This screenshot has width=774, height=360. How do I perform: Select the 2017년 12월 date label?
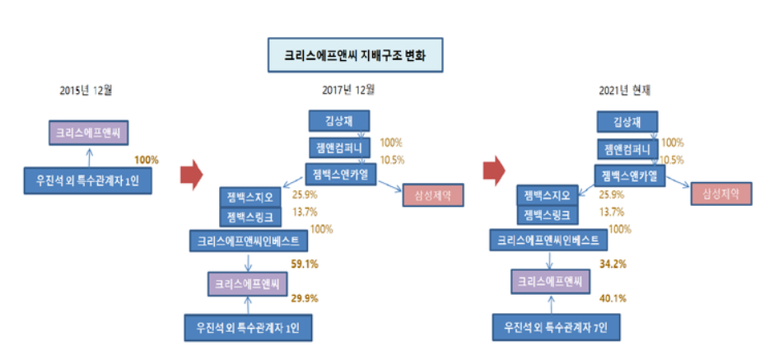click(348, 89)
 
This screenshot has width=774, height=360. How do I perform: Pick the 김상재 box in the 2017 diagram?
click(340, 121)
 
